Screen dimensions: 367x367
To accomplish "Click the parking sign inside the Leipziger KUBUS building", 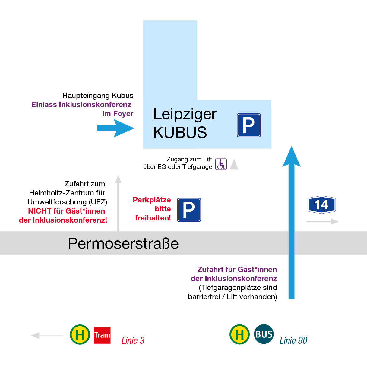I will coord(248,125).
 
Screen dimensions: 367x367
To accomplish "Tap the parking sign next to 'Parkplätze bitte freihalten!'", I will coord(189,210).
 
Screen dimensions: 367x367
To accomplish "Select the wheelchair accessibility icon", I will coord(221,164).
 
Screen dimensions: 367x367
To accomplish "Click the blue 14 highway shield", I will coord(321,205).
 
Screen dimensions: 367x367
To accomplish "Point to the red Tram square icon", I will coord(102,335).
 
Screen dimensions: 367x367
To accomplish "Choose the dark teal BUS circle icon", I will coord(264,334).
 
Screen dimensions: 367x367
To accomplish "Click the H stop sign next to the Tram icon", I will coord(80,335).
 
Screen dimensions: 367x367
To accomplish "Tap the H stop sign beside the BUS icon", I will coord(239,334).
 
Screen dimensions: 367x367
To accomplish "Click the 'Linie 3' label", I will coord(133,340).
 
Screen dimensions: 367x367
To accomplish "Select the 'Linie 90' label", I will coord(293,340).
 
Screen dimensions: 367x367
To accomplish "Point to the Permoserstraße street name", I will coord(123,244).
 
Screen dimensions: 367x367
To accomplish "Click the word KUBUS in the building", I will coord(180,132).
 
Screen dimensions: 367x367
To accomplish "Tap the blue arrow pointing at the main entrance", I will coord(116,128).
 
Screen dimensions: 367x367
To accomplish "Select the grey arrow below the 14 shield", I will coord(323,222).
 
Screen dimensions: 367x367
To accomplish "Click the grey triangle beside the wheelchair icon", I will coord(234,165).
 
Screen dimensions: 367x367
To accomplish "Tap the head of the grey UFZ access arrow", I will coord(118,179).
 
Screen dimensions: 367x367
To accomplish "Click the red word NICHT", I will coord(40,211).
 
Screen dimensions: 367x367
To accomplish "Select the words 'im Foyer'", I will coord(118,114).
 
